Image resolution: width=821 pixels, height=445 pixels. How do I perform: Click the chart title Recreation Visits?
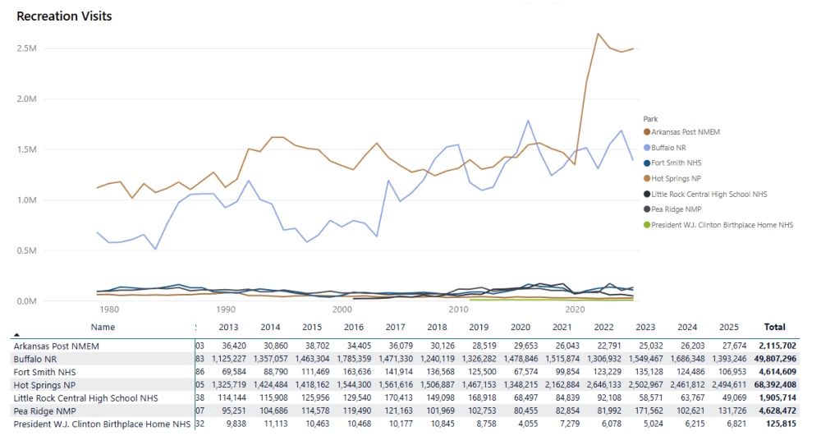click(64, 16)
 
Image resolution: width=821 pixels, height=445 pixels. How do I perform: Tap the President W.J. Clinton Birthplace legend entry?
click(722, 225)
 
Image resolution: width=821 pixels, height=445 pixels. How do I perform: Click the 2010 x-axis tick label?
click(457, 310)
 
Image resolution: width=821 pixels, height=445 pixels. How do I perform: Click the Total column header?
click(774, 327)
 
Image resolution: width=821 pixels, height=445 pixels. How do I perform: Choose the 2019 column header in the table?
click(479, 327)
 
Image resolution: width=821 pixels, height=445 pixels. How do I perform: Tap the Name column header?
click(103, 327)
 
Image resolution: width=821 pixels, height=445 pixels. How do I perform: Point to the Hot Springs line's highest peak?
click(598, 34)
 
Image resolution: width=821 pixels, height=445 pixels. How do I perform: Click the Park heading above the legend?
click(650, 118)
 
